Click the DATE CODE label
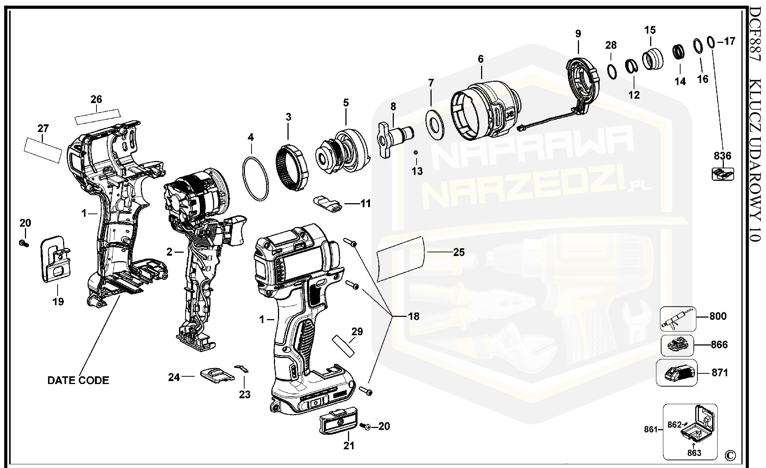78,380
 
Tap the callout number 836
722,156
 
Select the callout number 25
459,252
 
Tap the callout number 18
414,316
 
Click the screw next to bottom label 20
365,426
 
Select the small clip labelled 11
327,204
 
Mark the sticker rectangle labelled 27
43,150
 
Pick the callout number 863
694,453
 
